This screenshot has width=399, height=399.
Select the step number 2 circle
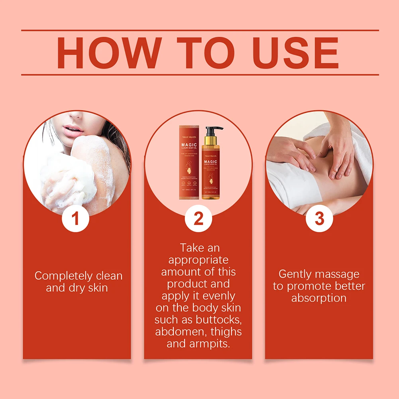tap(198, 218)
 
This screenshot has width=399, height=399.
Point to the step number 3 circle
tap(319, 218)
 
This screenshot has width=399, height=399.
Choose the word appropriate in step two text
tap(198, 260)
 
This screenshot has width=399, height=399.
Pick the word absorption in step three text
tap(319, 298)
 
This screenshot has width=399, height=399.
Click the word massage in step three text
tap(338, 274)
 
